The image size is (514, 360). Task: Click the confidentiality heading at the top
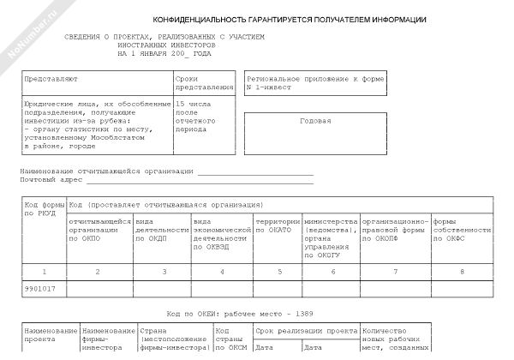(290, 19)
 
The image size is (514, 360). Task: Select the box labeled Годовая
(315, 121)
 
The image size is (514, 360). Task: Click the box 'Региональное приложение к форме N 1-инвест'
(315, 82)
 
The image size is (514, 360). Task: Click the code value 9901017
(40, 289)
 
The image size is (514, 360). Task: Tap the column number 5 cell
(278, 272)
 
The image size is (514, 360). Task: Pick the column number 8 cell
(462, 272)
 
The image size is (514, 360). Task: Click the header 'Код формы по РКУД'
(44, 210)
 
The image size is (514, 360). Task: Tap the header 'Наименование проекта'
(51, 335)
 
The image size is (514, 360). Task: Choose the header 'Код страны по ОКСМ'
(230, 339)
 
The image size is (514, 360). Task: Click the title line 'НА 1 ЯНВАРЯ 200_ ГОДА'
(164, 53)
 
